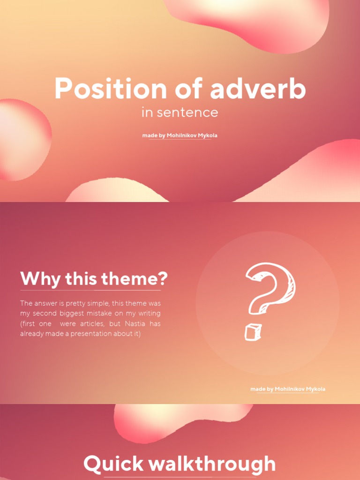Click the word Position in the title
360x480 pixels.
[110, 89]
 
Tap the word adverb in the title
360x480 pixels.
[258, 89]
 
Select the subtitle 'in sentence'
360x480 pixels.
[180, 112]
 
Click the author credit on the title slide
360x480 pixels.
[180, 135]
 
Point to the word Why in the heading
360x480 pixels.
[40, 279]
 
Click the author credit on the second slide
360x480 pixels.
[288, 389]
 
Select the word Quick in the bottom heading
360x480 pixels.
[113, 464]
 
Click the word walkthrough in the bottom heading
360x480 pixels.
[212, 464]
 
